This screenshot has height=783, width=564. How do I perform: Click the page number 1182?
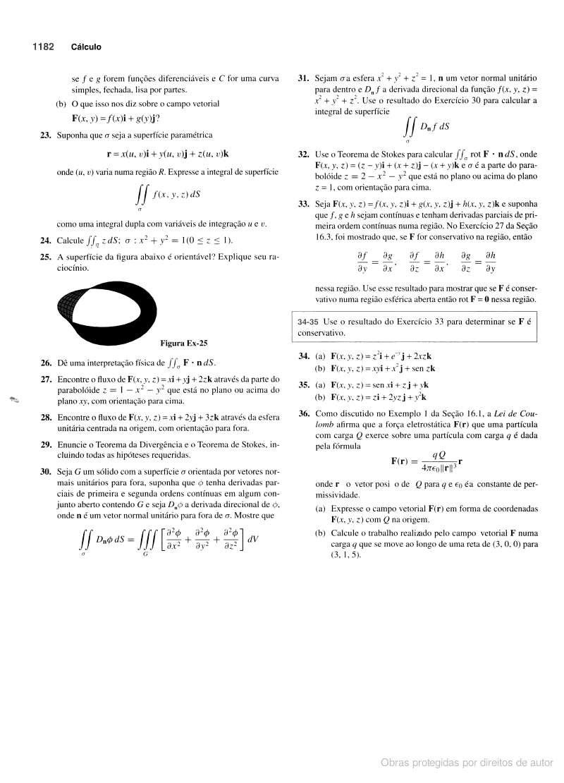click(43, 47)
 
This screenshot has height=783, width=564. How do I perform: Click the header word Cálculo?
click(86, 47)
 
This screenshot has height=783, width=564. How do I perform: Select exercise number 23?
click(46, 135)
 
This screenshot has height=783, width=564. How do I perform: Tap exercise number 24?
click(46, 240)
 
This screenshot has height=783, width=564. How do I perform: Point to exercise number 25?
click(46, 257)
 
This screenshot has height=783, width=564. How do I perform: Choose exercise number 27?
click(46, 380)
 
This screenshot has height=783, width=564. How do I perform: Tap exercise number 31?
click(303, 78)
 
